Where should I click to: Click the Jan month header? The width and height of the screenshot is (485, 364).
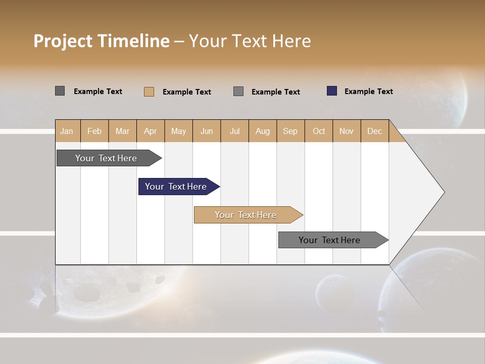pyautogui.click(x=67, y=131)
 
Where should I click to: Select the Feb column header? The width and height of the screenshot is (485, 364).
pyautogui.click(x=94, y=131)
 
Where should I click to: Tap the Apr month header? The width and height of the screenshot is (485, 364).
pyautogui.click(x=150, y=131)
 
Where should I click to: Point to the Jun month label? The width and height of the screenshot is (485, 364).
pyautogui.click(x=207, y=131)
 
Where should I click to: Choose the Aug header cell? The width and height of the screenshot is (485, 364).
pyautogui.click(x=262, y=131)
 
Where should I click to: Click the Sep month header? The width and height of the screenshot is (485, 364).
pyautogui.click(x=290, y=131)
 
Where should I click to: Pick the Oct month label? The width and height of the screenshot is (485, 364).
pyautogui.click(x=319, y=131)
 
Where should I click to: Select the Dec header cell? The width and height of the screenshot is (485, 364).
pyautogui.click(x=374, y=131)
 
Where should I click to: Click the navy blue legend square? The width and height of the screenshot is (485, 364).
pyautogui.click(x=332, y=91)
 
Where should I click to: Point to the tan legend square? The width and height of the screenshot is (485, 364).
pyautogui.click(x=149, y=92)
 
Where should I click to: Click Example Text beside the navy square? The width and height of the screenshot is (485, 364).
pyautogui.click(x=368, y=92)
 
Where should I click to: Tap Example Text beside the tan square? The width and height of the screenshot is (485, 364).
pyautogui.click(x=186, y=92)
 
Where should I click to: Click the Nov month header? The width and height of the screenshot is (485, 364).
pyautogui.click(x=347, y=131)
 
